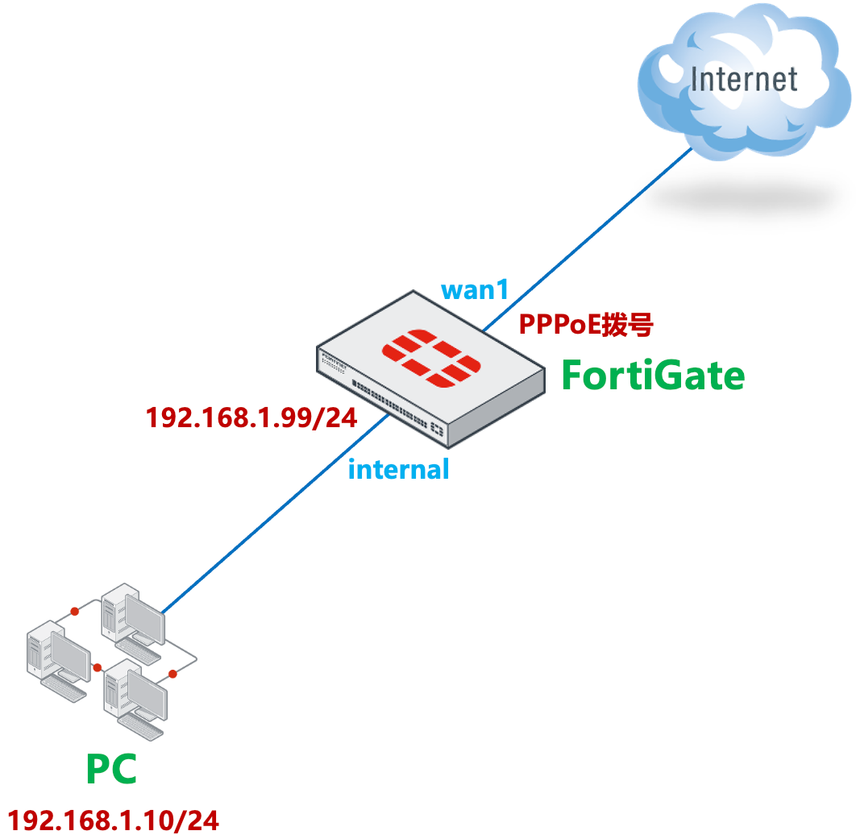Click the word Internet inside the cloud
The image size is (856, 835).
[744, 80]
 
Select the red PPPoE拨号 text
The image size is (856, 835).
[585, 325]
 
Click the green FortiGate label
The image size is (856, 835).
[653, 376]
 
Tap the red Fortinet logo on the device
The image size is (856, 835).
[431, 357]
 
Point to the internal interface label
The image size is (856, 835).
[398, 469]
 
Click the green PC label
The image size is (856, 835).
[111, 770]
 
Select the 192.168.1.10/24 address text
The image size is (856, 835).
[114, 820]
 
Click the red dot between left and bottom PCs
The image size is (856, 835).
[97, 667]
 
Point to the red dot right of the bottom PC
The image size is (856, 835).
[172, 673]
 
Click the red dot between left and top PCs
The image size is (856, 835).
[73, 610]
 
